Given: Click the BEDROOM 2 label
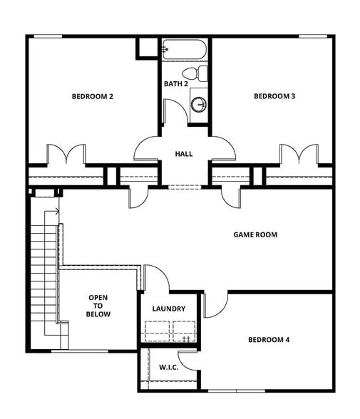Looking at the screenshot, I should [x=93, y=96].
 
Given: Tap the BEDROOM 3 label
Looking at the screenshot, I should [x=274, y=96].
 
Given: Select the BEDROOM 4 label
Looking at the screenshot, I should [x=269, y=340].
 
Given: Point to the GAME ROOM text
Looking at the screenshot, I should [x=255, y=234].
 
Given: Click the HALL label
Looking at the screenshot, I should [x=184, y=154].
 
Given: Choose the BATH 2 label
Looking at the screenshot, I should [x=175, y=84].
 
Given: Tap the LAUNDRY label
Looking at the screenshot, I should [x=169, y=309].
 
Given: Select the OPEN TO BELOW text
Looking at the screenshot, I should [x=98, y=306].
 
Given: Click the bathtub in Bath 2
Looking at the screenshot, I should [x=184, y=50].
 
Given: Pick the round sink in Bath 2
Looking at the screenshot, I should [x=200, y=105].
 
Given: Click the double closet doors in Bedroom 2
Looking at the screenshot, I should [x=66, y=155].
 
